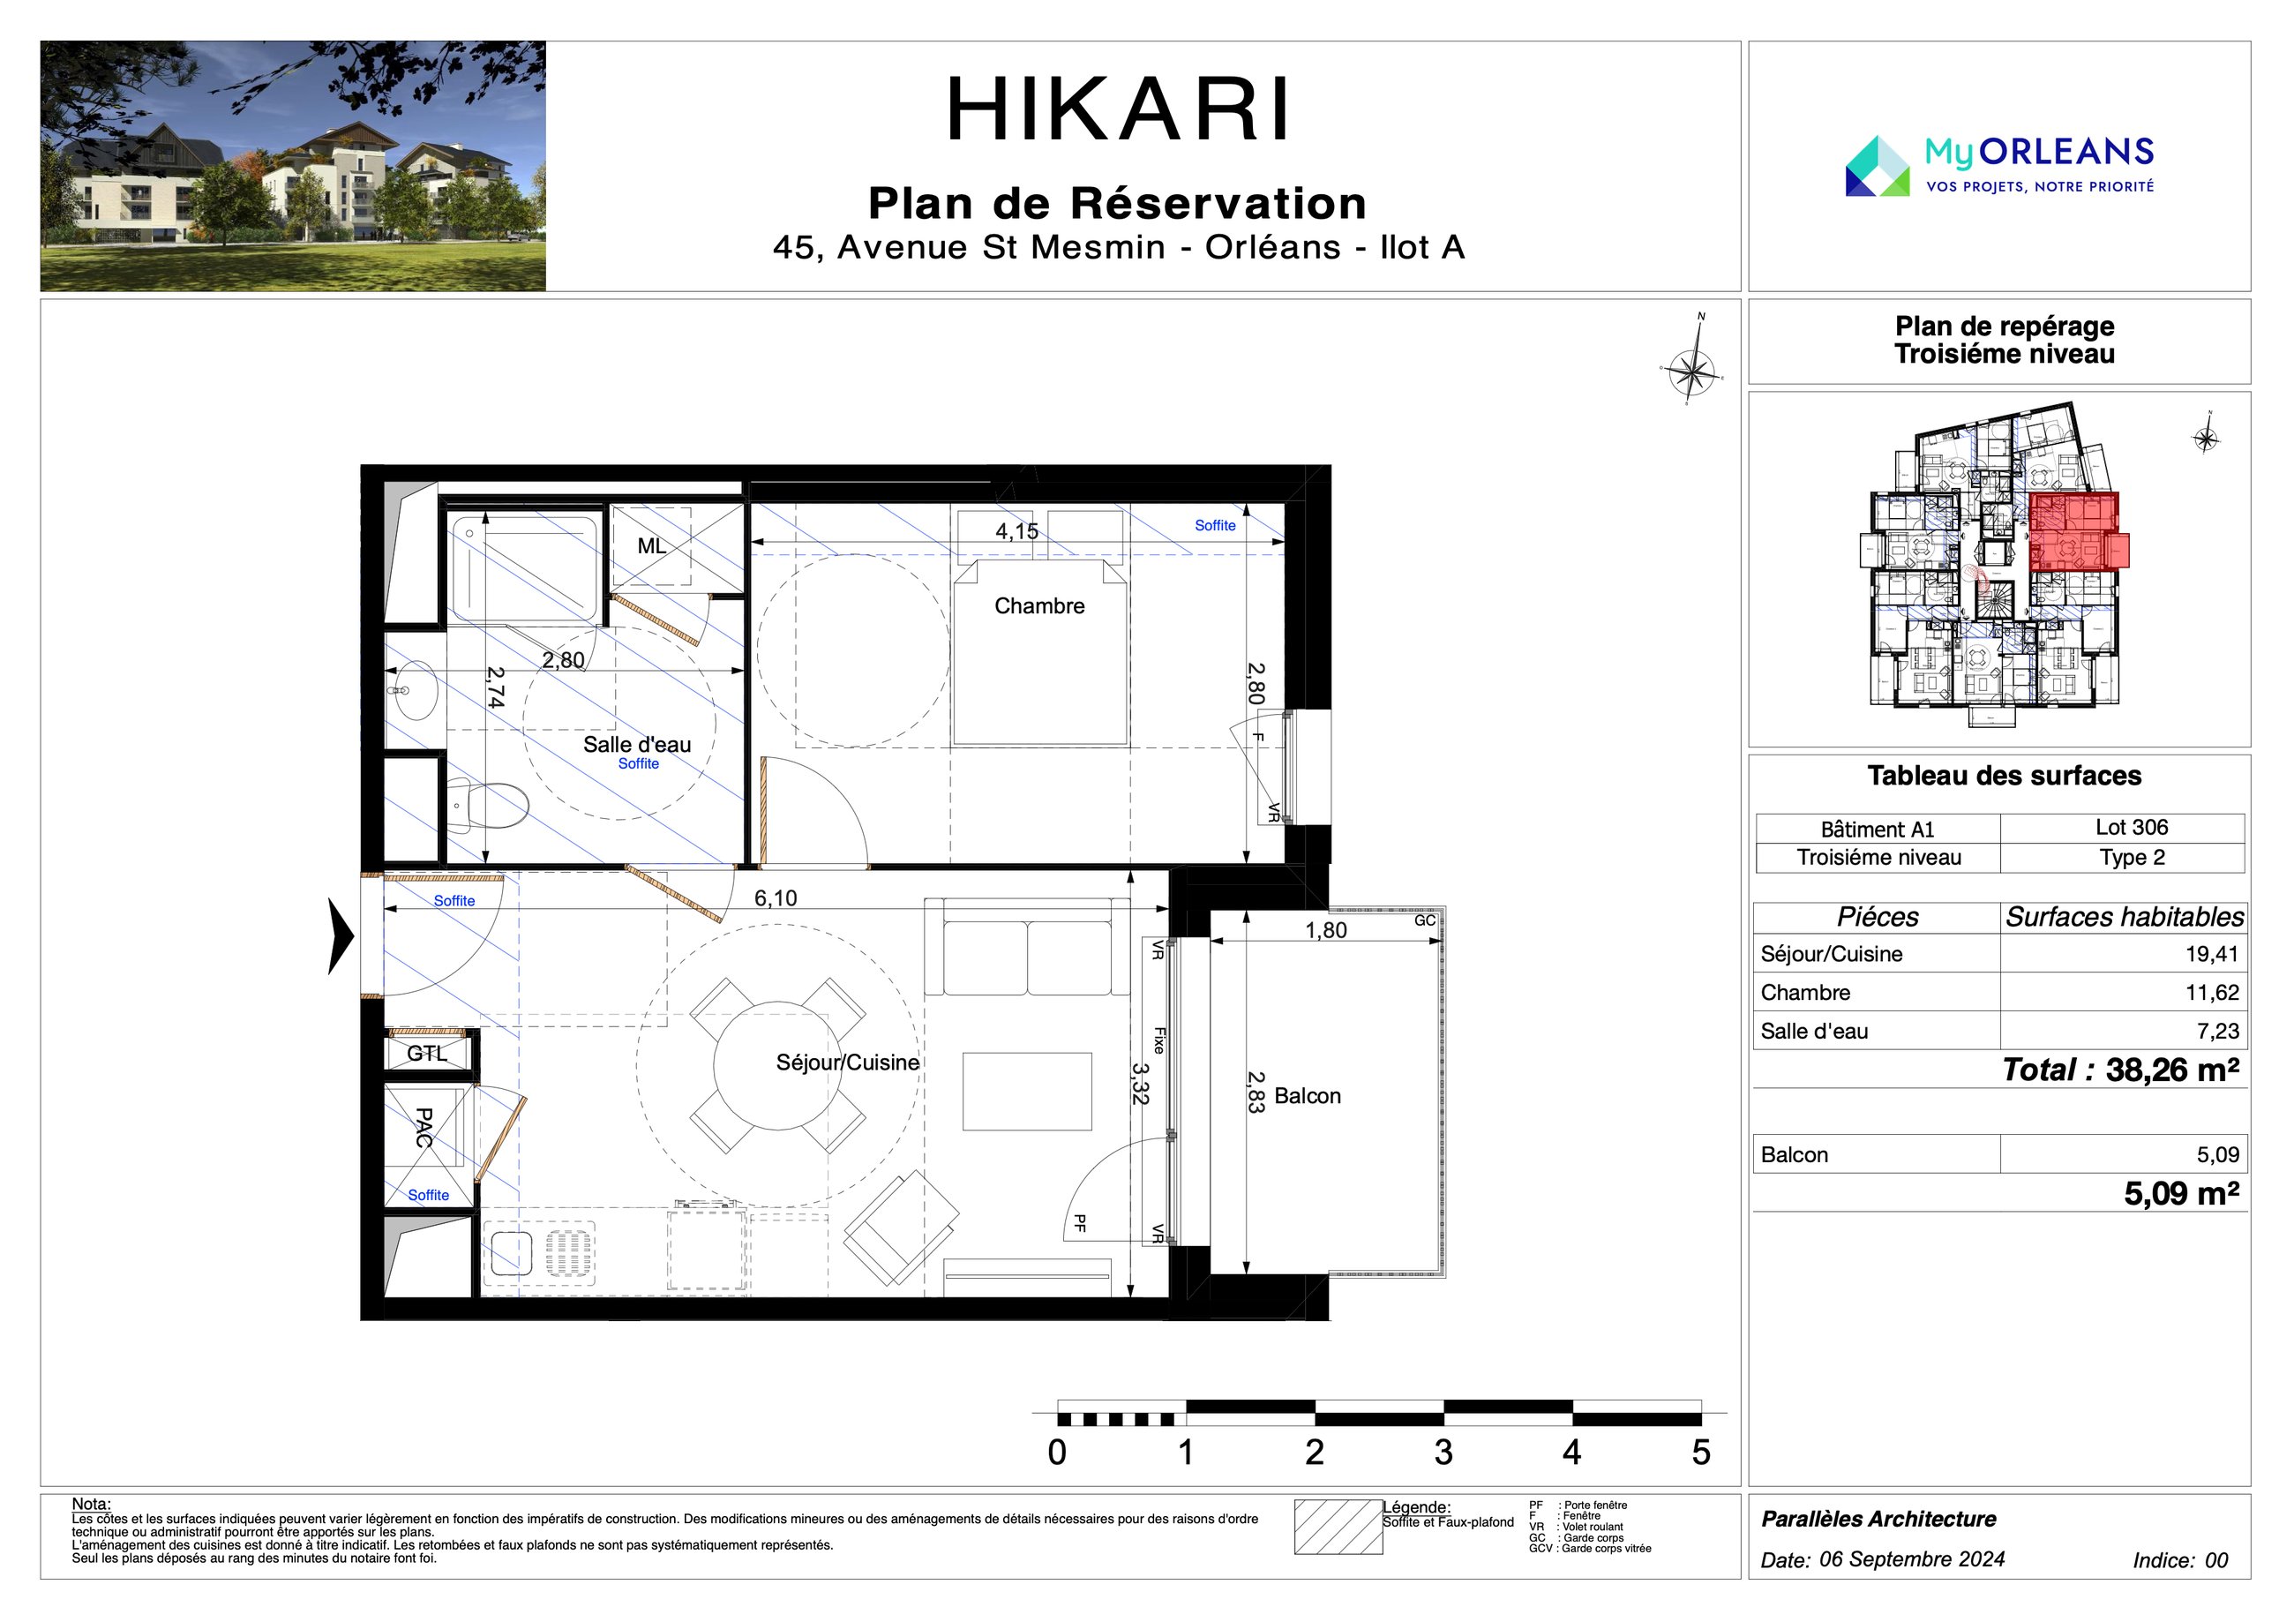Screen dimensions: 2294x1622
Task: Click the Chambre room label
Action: (x=1039, y=605)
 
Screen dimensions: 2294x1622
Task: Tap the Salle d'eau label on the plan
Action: (x=636, y=745)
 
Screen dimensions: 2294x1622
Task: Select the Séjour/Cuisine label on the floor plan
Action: (x=847, y=1063)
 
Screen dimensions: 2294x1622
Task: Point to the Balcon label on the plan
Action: (x=1307, y=1095)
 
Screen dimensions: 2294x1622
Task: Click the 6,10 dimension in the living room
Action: (x=776, y=898)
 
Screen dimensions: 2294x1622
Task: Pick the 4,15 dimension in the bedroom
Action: (x=1016, y=531)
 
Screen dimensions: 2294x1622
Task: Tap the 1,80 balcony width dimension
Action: (x=1326, y=930)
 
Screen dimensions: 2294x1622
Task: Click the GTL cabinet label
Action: (x=427, y=1054)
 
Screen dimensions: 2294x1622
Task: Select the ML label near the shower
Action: (x=651, y=545)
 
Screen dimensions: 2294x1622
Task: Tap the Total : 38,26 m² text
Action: (x=2120, y=1070)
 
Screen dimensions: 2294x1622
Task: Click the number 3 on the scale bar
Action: (x=1443, y=1452)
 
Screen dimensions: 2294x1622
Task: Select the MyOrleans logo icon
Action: (x=1878, y=166)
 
